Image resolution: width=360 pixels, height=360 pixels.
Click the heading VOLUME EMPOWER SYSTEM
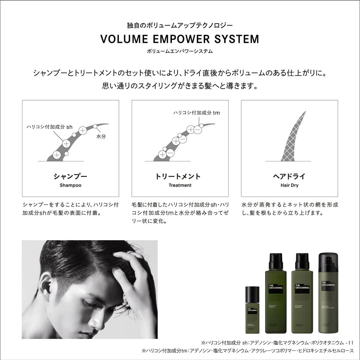[x=180, y=39]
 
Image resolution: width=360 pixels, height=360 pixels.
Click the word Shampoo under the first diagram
[x=70, y=185]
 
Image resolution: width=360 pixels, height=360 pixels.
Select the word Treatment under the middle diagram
[x=180, y=185]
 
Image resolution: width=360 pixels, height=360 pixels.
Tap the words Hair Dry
[x=289, y=185]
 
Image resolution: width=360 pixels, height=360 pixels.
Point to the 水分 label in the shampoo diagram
[x=101, y=136]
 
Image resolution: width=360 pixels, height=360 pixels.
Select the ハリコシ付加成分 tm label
[x=197, y=113]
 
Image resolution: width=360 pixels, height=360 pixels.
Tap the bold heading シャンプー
[x=70, y=176]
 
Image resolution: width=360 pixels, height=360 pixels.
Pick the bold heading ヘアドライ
[x=289, y=176]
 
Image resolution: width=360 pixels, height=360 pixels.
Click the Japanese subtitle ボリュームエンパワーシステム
[x=180, y=51]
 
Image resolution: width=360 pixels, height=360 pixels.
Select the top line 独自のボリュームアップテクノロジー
[x=180, y=25]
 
